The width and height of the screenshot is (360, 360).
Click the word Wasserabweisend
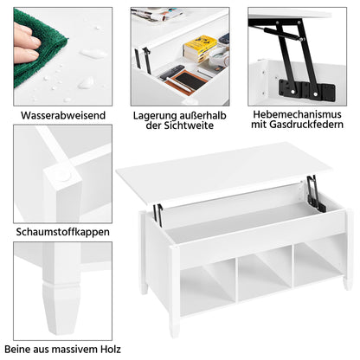point(63,115)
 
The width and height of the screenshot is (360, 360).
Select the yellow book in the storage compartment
point(200,48)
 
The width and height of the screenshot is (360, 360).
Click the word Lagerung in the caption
point(155,116)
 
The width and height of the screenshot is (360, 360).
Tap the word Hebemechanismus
point(297,114)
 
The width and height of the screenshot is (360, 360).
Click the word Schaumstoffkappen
point(62,232)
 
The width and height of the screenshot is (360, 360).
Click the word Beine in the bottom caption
point(17,350)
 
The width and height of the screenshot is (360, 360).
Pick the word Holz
point(111,350)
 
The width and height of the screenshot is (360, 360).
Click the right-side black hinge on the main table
point(316,193)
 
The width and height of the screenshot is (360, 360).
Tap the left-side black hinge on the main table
point(157,211)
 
